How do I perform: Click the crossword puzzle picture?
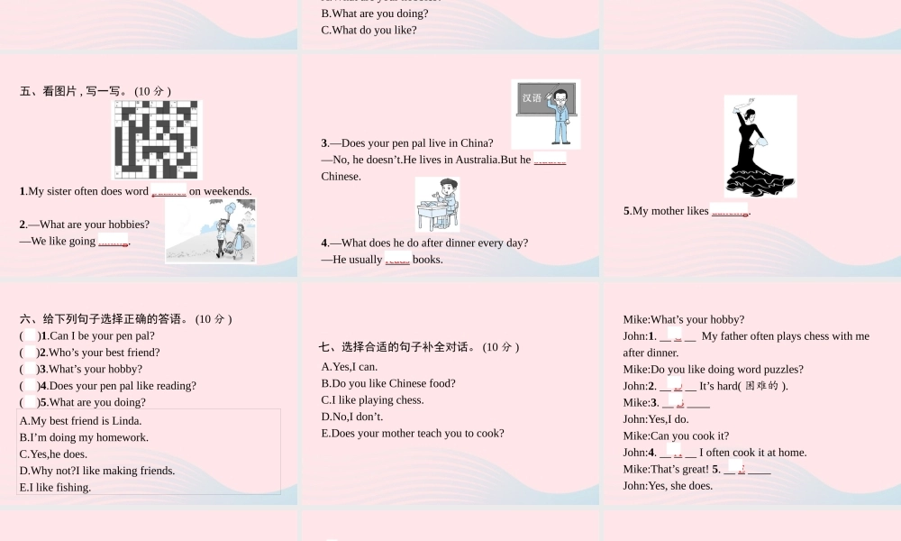pos(157,140)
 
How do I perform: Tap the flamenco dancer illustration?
pos(760,146)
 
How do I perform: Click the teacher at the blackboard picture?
pos(546,114)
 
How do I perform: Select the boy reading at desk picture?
pos(437,204)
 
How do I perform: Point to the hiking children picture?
pos(210,231)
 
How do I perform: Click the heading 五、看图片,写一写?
pos(96,91)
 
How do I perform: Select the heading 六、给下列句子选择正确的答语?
pos(126,319)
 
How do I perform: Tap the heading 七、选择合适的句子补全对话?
pos(419,347)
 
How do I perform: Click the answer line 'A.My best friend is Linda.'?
pos(80,421)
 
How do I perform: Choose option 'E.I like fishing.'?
pos(55,488)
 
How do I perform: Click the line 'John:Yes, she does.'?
pos(668,486)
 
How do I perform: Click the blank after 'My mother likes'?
pos(730,211)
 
